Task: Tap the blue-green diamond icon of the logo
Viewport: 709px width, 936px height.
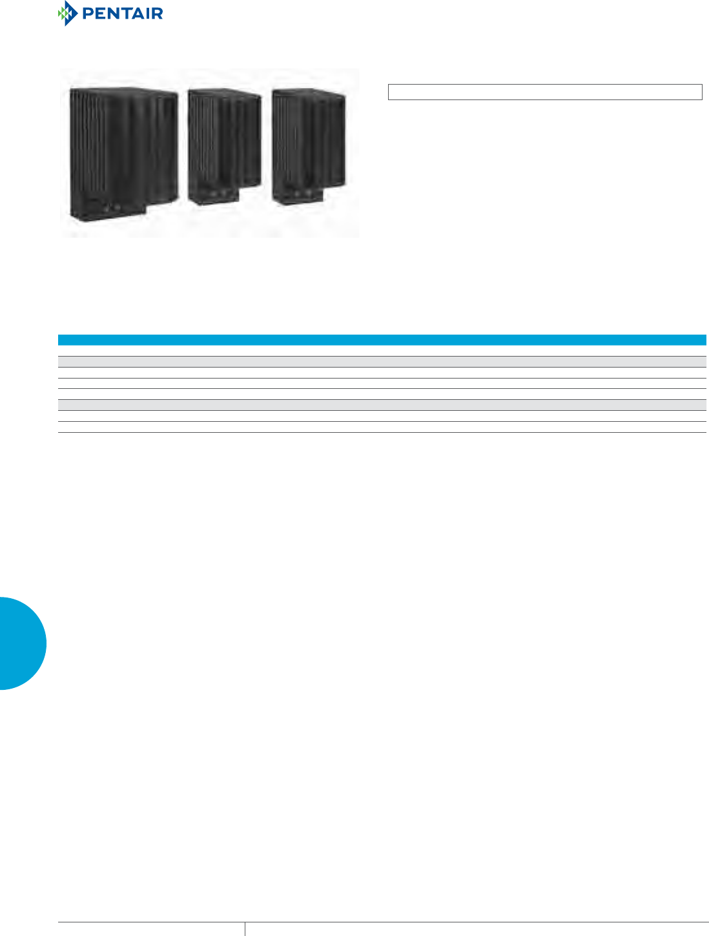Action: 67,14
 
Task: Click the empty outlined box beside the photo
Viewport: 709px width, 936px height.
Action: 544,92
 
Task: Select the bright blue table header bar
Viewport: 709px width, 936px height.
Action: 382,340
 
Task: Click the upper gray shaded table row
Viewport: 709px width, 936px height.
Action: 382,361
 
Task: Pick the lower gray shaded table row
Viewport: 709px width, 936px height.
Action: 382,405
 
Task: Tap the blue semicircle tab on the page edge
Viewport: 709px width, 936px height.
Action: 23,643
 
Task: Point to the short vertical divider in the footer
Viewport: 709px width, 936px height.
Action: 245,929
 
